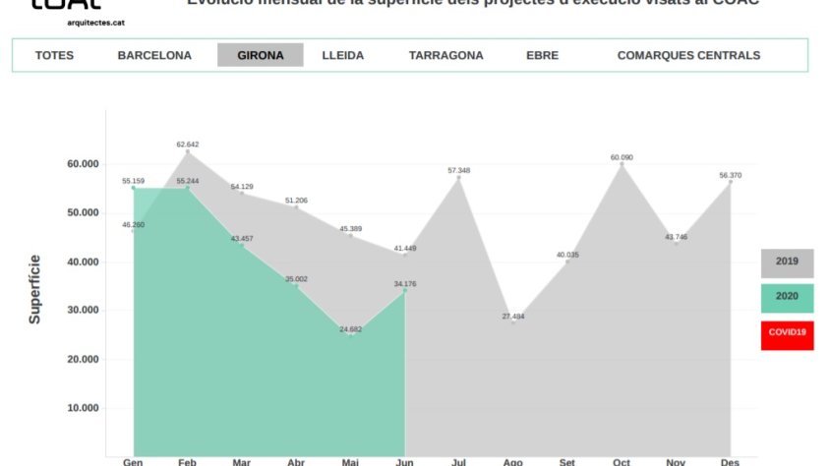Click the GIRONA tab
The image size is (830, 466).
pos(260,55)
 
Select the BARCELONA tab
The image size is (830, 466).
pos(154,55)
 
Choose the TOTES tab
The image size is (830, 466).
pos(54,55)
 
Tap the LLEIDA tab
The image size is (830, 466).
pos(342,55)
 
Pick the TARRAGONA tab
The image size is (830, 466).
pos(445,55)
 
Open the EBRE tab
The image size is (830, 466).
pos(542,55)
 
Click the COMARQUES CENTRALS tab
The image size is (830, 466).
pos(688,55)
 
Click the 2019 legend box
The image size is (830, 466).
pos(787,262)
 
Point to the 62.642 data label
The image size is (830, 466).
pos(188,145)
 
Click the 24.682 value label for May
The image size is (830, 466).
pos(350,329)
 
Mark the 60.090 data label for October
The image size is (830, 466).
pos(622,157)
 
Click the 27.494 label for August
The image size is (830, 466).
pos(513,317)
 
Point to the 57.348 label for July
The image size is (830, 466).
pos(459,171)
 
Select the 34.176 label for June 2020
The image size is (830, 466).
pos(405,284)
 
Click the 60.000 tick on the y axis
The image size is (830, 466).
pos(75,164)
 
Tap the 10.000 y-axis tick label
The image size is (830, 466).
pos(75,408)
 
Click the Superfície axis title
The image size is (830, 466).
pos(34,289)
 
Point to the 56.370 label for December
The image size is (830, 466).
pos(731,175)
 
